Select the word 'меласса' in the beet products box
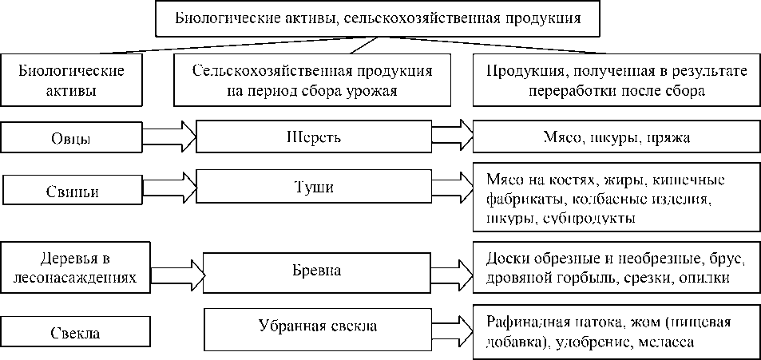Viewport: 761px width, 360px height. (669, 342)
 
